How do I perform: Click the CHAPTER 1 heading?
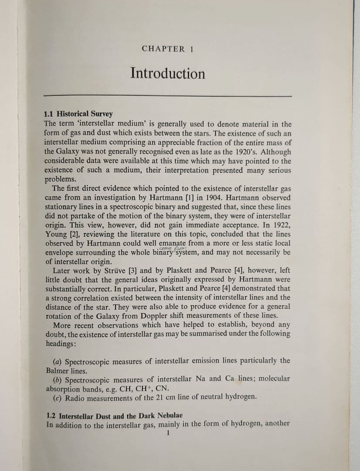[x=167, y=49]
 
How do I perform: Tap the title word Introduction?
[x=168, y=73]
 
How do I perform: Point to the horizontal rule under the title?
[x=168, y=95]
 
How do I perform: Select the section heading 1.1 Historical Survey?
[x=79, y=114]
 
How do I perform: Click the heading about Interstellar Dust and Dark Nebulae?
[x=114, y=414]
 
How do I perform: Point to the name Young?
[x=56, y=234]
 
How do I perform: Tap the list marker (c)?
[x=57, y=398]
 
